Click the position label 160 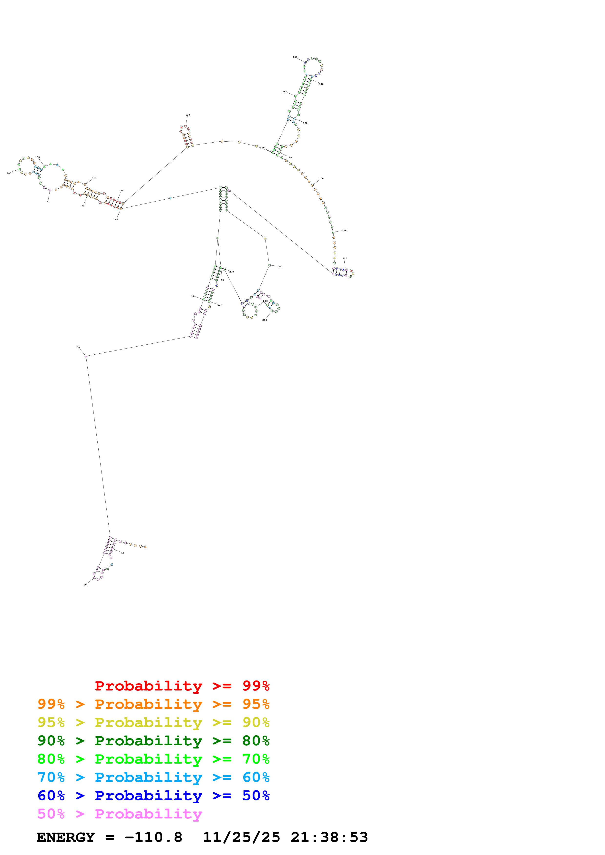click(295, 57)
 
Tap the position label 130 click(187, 115)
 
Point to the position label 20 click(85, 585)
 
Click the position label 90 click(8, 173)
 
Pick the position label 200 click(321, 179)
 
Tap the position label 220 click(345, 258)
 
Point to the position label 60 click(116, 220)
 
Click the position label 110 click(94, 178)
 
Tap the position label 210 click(344, 231)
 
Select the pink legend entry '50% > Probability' click(120, 814)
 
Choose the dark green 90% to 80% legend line click(153, 741)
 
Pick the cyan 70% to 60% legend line click(153, 777)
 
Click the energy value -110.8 click(153, 837)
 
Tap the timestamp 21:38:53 click(329, 837)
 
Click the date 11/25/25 click(241, 837)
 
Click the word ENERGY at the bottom click(66, 837)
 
